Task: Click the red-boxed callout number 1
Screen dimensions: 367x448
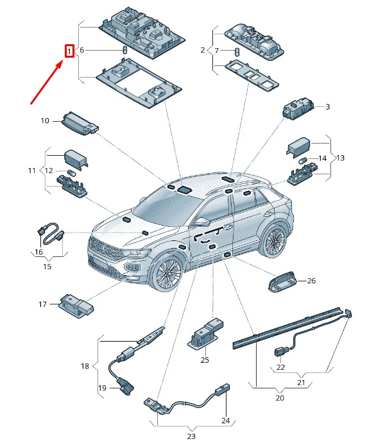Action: (69, 51)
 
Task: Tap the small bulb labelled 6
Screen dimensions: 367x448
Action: (124, 49)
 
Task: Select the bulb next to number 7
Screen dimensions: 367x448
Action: (237, 52)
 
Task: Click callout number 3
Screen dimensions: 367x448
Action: (327, 107)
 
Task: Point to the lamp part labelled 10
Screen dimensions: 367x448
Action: (80, 124)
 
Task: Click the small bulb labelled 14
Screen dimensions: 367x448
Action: (303, 160)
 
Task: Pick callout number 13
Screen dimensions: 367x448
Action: (341, 158)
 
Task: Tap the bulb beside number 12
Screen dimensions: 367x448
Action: (71, 173)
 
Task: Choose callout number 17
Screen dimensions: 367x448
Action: (42, 304)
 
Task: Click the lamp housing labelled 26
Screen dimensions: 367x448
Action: (282, 282)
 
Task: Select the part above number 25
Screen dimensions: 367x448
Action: (205, 333)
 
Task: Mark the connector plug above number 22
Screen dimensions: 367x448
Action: (280, 352)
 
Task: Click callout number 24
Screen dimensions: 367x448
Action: (226, 420)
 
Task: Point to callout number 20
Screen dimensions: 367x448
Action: (280, 398)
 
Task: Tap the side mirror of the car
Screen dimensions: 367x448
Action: (203, 222)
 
